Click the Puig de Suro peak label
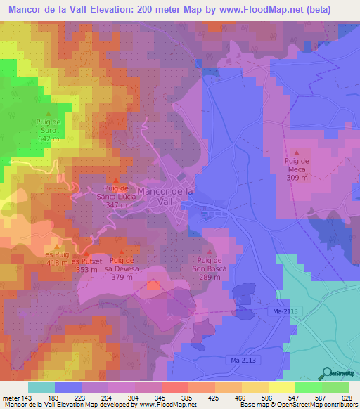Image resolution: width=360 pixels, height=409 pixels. [48, 131]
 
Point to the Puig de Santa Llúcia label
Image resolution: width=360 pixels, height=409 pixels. [115, 195]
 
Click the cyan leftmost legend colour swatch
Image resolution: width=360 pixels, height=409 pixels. [41, 387]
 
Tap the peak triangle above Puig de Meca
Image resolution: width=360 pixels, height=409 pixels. [297, 152]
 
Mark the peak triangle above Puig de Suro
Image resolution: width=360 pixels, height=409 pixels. [48, 113]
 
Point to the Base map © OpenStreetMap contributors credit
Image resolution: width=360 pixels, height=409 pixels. [299, 405]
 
